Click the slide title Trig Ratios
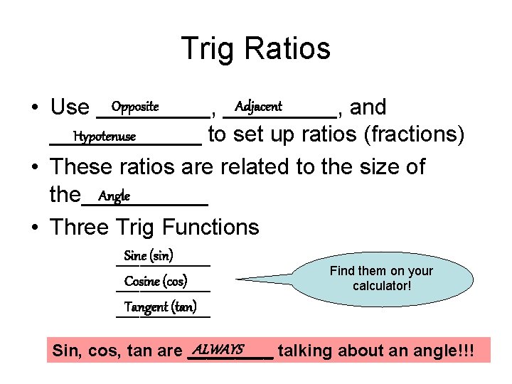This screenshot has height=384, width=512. [x=256, y=49]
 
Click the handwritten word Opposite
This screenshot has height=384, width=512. [x=134, y=107]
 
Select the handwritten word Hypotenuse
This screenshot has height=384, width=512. [x=105, y=136]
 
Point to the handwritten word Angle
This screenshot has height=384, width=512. [x=114, y=196]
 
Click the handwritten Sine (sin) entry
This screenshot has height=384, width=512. [x=149, y=255]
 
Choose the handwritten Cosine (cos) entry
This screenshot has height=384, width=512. [x=156, y=281]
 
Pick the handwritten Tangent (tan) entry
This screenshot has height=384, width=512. [x=160, y=307]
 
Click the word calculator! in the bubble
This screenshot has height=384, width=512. [x=382, y=286]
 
